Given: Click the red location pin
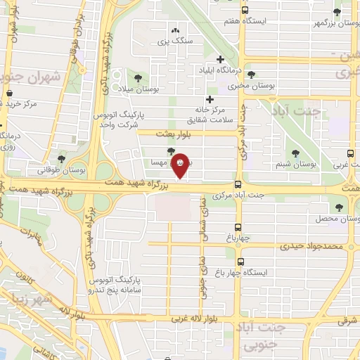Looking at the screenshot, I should coord(181,165).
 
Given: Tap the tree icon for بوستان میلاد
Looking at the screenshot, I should coord(138,77).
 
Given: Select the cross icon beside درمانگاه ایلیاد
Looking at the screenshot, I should coord(221,60).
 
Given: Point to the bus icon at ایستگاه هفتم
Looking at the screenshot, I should coord(245,10).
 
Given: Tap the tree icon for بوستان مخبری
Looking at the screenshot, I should coord(252,75).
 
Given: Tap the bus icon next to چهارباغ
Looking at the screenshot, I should coord(238,227).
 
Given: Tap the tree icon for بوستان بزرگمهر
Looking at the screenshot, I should coord(337,12).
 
